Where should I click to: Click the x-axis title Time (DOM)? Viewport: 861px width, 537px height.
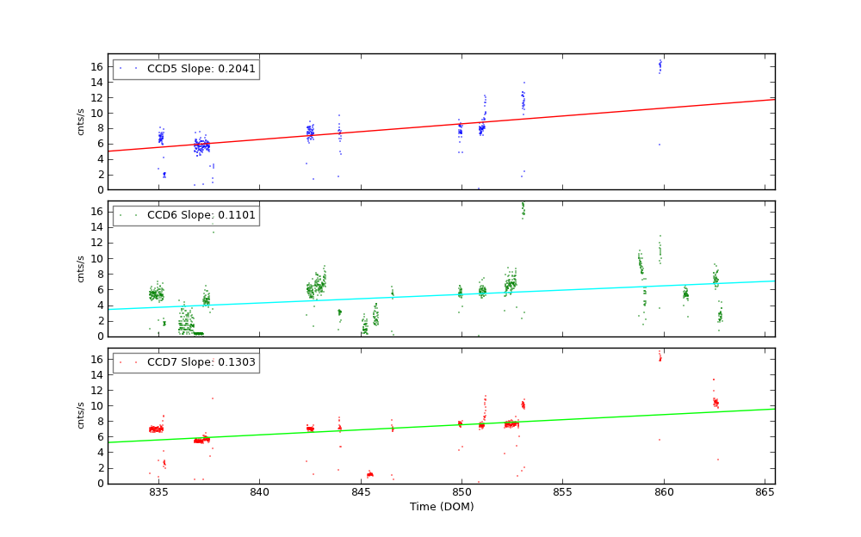(442, 507)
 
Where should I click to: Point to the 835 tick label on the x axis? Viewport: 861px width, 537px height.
(158, 492)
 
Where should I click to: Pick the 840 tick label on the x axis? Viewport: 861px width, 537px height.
(259, 492)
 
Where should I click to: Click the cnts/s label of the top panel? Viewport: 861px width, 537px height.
(81, 121)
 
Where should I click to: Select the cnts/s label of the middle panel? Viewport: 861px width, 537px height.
(81, 268)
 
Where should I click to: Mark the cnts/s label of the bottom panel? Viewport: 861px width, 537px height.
(81, 416)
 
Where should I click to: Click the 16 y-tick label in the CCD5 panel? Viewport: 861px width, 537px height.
(97, 66)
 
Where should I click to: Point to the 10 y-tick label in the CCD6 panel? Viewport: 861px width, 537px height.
(97, 258)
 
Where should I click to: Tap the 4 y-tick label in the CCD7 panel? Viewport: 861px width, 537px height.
(100, 453)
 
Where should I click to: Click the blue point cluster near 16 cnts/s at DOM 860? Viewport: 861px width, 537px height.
(660, 65)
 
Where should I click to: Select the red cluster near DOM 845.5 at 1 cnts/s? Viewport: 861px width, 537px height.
(369, 474)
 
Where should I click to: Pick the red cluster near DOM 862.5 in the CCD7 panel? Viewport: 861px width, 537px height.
(715, 402)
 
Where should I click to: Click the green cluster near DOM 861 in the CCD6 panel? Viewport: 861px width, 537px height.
(685, 294)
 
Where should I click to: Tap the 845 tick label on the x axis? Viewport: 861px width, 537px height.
(361, 492)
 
